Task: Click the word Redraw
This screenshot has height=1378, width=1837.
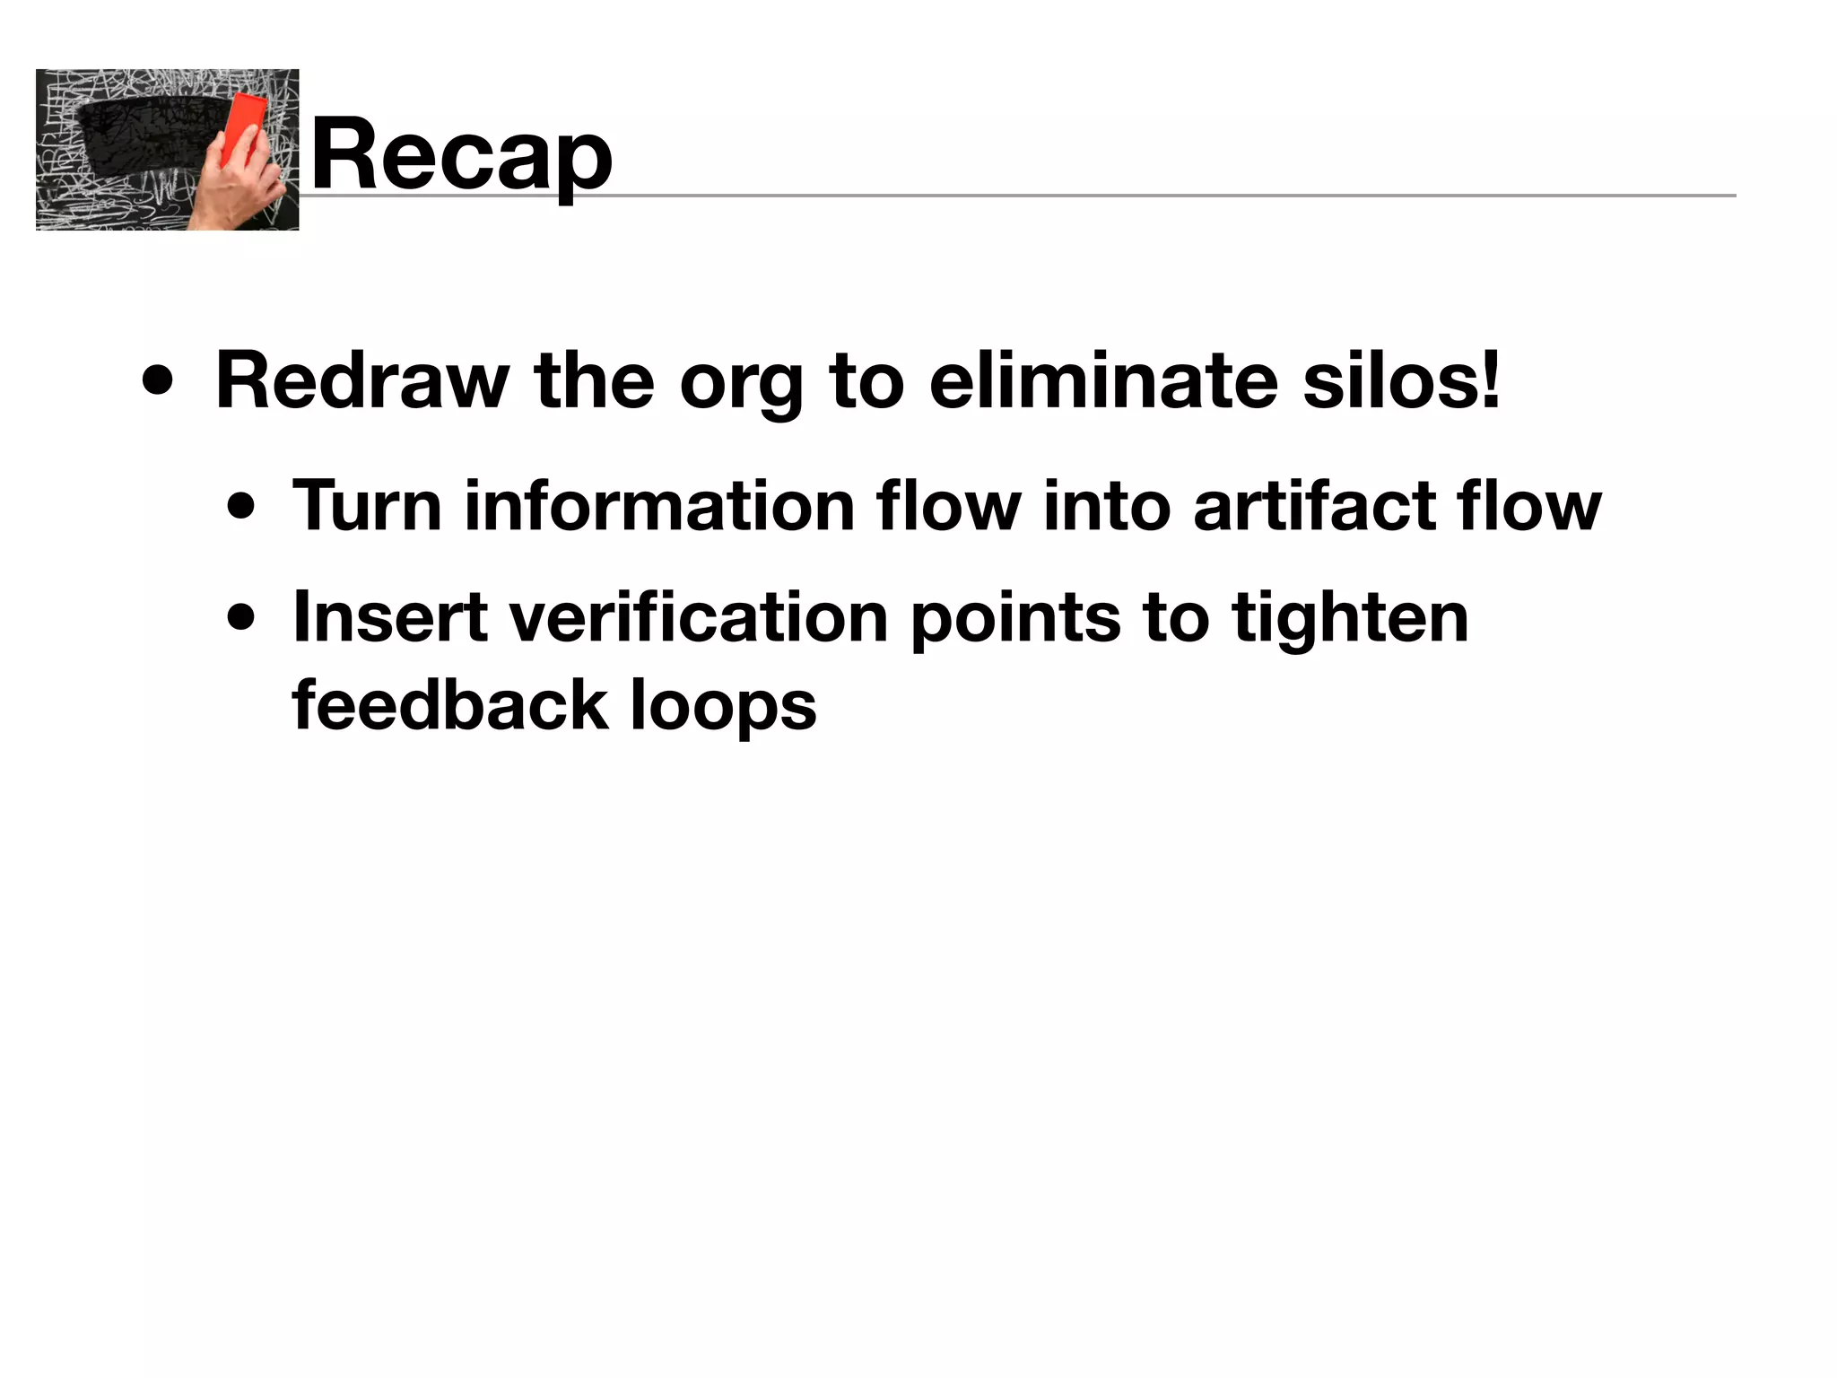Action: (362, 380)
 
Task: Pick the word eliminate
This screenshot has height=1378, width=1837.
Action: (1103, 380)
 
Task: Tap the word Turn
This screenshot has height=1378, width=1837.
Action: (367, 506)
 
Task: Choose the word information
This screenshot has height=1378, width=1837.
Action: (659, 506)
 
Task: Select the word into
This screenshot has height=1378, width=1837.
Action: (1107, 506)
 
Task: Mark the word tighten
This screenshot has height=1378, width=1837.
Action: (1350, 619)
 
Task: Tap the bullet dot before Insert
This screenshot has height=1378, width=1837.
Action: (241, 619)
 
